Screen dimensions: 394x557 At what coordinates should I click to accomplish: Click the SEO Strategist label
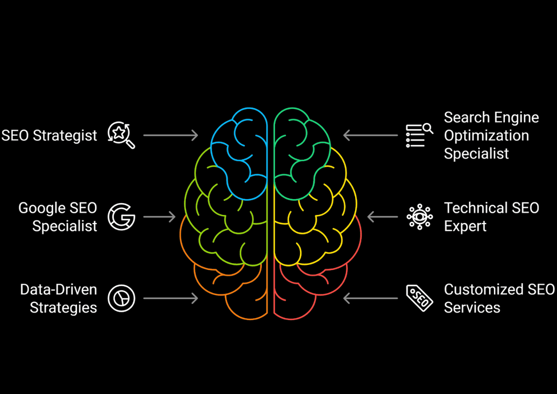(x=50, y=136)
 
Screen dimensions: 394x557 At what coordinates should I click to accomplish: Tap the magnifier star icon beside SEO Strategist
(x=121, y=135)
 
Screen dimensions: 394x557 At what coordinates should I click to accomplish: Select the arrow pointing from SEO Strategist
(x=170, y=136)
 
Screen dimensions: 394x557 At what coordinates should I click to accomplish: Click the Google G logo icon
(x=121, y=217)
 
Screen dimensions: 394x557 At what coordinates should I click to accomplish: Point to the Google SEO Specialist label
(x=58, y=217)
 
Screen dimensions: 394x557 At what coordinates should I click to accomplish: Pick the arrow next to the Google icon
(x=159, y=217)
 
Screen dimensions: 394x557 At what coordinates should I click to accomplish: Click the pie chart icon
(x=121, y=298)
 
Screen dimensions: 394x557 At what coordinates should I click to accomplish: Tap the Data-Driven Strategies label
(x=59, y=298)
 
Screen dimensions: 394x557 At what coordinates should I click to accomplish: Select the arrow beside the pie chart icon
(x=170, y=298)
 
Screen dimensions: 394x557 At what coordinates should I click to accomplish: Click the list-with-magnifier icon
(x=419, y=135)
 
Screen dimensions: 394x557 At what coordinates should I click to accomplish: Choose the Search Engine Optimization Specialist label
(x=491, y=136)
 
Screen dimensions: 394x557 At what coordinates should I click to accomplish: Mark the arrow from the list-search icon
(x=370, y=136)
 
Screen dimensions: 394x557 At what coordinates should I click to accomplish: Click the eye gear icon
(x=420, y=217)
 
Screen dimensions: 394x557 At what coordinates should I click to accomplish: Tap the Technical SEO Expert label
(x=491, y=217)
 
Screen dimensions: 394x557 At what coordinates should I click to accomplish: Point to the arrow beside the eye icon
(x=382, y=217)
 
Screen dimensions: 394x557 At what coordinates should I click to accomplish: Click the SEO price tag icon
(x=419, y=298)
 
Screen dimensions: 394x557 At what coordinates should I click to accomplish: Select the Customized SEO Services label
(x=499, y=298)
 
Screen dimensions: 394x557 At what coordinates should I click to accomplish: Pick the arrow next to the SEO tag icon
(x=370, y=298)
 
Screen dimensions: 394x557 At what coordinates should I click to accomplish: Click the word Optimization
(x=486, y=136)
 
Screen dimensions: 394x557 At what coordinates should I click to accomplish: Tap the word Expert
(x=465, y=226)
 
